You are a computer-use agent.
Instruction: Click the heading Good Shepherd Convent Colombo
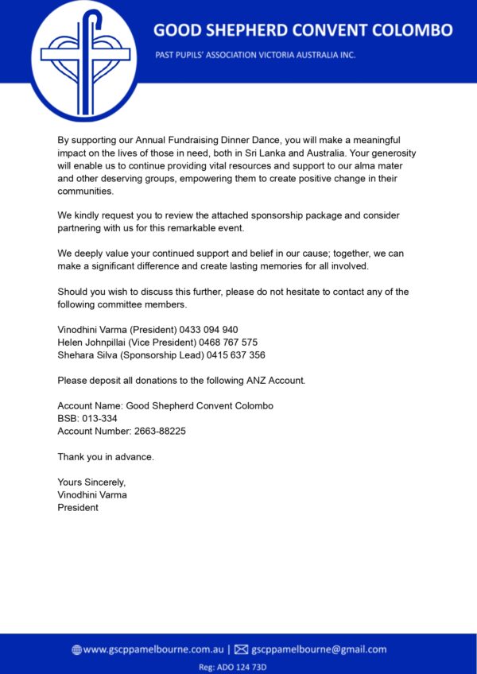tap(303, 30)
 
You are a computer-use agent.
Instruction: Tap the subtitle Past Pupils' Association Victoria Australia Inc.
tap(255, 56)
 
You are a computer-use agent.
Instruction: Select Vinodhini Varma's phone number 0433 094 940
tap(211, 330)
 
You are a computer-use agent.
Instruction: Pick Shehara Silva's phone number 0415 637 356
tap(237, 355)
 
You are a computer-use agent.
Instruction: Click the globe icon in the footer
tap(76, 649)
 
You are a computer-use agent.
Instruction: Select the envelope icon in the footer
tap(242, 649)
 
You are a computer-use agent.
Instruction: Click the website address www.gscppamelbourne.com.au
tap(152, 649)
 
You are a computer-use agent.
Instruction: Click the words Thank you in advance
tap(106, 457)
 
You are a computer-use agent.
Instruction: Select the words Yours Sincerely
tap(91, 482)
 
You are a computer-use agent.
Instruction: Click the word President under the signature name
tap(78, 508)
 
